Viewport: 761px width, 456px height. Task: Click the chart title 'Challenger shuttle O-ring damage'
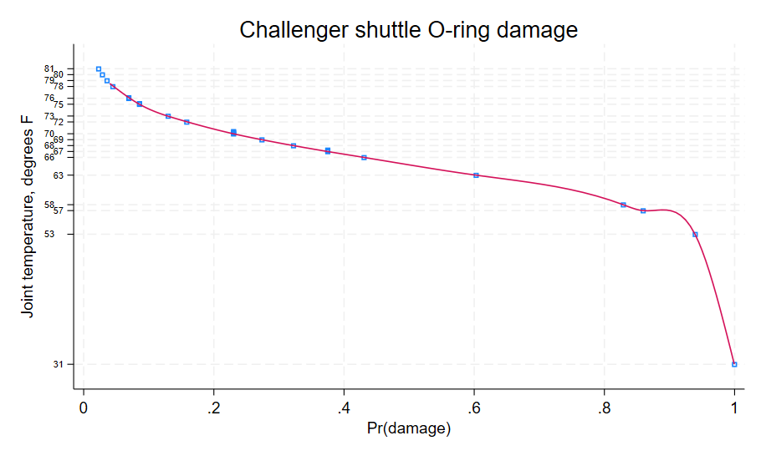tap(408, 30)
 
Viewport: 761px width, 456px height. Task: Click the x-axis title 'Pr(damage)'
tap(408, 429)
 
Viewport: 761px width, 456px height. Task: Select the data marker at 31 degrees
tap(734, 364)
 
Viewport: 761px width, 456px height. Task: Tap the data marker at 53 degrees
tap(695, 235)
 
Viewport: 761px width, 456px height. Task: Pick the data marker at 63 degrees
tap(476, 175)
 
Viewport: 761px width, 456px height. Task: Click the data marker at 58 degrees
tap(623, 205)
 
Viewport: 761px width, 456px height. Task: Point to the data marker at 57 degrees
tap(643, 210)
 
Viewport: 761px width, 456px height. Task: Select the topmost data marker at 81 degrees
tap(99, 68)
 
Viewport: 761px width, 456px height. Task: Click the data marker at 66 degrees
tap(364, 157)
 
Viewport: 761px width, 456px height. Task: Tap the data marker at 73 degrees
tap(168, 116)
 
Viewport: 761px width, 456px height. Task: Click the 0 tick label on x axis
tap(84, 409)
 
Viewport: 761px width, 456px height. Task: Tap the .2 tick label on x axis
tap(213, 409)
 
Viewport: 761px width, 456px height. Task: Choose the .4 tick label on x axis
tap(344, 409)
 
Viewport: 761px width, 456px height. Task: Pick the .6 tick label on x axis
tap(473, 409)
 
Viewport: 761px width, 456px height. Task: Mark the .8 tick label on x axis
tap(604, 409)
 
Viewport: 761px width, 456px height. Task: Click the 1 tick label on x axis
tap(734, 409)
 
